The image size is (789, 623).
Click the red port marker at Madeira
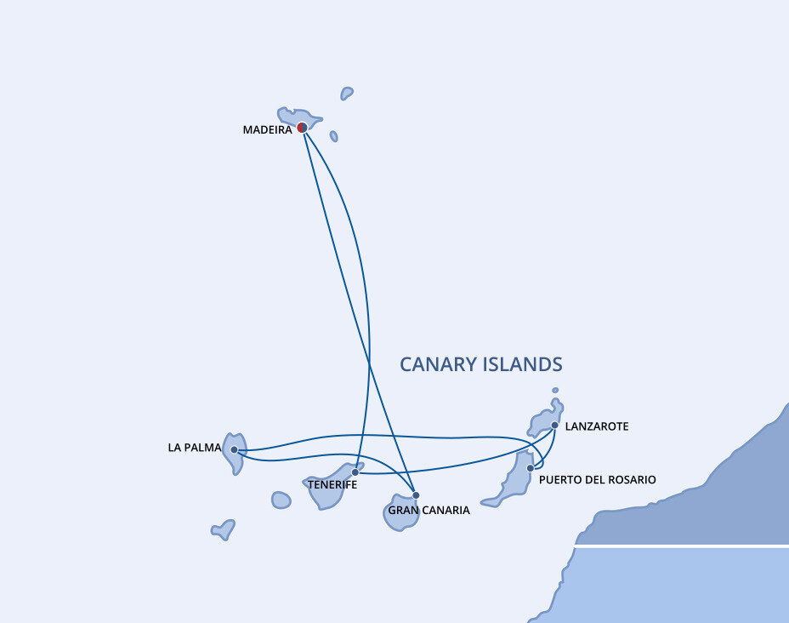(x=302, y=128)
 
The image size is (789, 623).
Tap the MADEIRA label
(x=267, y=130)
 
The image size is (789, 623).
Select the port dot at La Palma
(x=234, y=449)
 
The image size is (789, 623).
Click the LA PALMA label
(x=195, y=448)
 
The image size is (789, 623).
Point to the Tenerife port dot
(x=355, y=472)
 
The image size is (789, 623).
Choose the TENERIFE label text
(x=332, y=485)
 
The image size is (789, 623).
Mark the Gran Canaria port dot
(x=416, y=495)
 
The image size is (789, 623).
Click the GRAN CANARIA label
(x=429, y=510)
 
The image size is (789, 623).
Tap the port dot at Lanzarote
(x=554, y=425)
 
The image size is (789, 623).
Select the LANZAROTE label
(x=597, y=426)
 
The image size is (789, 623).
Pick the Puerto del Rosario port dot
(x=531, y=468)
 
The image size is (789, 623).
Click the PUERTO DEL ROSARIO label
(x=598, y=480)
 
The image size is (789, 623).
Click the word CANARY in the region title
(x=438, y=364)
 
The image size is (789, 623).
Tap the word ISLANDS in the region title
(x=522, y=364)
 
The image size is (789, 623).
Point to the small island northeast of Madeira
(x=347, y=93)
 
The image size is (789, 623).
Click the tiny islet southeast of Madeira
(x=333, y=136)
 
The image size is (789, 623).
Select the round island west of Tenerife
(x=281, y=500)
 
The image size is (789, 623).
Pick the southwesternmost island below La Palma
(x=224, y=530)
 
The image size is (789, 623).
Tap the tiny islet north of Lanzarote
(x=555, y=391)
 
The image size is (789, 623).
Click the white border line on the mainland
(x=682, y=546)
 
